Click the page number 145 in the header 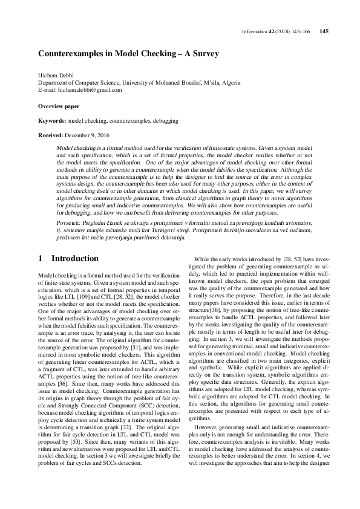point(323,31)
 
